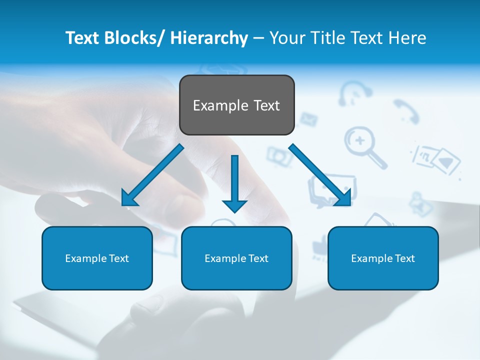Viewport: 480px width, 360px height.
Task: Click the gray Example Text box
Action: coord(236,105)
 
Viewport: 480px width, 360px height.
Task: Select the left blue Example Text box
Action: coord(97,258)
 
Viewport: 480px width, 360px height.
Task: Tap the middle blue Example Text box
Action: coord(236,258)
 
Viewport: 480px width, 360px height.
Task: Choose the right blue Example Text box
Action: coord(383,258)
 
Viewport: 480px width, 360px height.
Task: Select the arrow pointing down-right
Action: coord(320,175)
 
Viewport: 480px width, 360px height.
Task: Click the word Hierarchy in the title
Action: coord(209,38)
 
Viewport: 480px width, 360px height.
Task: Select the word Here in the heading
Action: coord(407,38)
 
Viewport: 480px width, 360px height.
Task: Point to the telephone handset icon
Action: coord(405,111)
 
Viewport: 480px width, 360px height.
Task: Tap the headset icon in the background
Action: coord(355,92)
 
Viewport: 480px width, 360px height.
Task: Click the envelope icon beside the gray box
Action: coord(308,119)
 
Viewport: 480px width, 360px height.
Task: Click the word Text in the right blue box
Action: coord(404,258)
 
